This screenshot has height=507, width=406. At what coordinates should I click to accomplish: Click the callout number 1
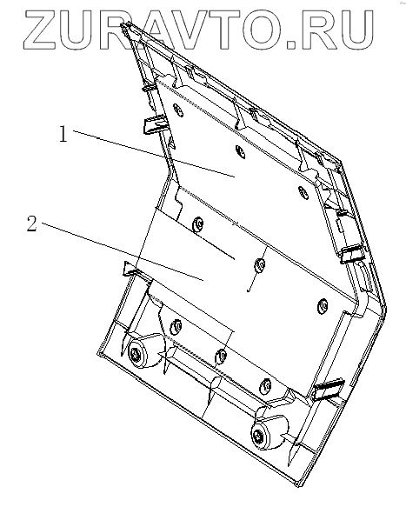pyautogui.click(x=63, y=134)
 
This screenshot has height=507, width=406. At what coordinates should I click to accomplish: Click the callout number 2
pyautogui.click(x=31, y=223)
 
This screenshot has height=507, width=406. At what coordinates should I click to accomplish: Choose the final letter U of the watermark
pyautogui.click(x=356, y=30)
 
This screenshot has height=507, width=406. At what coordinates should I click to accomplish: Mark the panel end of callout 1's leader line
pyautogui.click(x=235, y=177)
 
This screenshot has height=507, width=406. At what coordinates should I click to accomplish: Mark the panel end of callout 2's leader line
pyautogui.click(x=203, y=280)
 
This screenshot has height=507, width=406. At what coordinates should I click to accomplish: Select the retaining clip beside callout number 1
pyautogui.click(x=155, y=124)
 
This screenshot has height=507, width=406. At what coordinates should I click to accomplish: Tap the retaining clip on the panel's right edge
pyautogui.click(x=352, y=253)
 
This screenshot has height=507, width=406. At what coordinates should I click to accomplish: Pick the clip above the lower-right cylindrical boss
pyautogui.click(x=328, y=389)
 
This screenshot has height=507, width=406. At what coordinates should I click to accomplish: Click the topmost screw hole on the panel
pyautogui.click(x=177, y=110)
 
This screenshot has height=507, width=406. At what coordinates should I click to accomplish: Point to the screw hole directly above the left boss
pyautogui.click(x=176, y=325)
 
